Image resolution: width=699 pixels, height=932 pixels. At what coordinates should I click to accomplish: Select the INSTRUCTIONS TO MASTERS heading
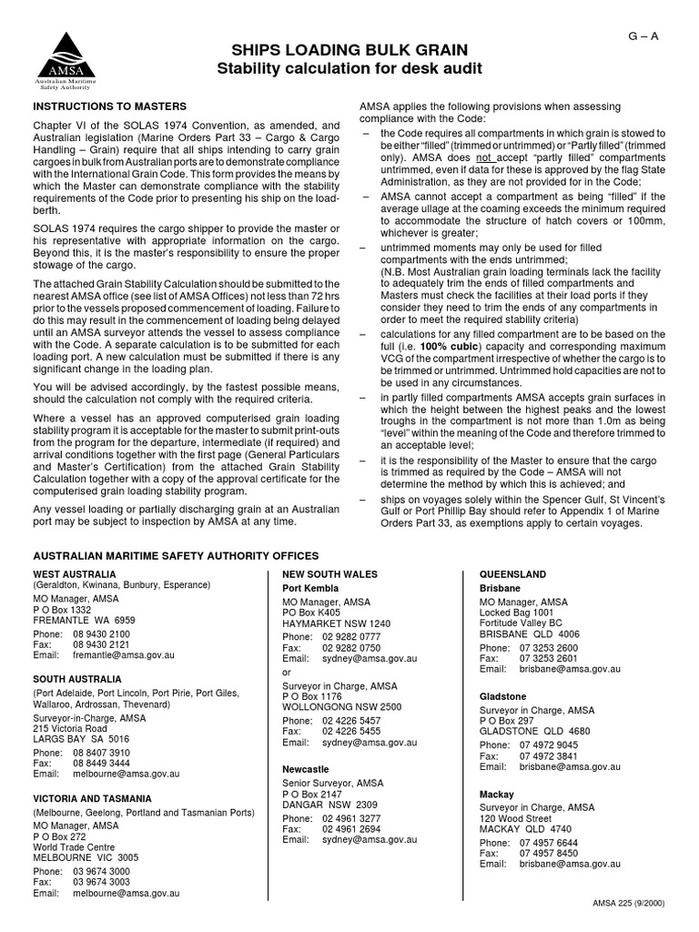click(109, 106)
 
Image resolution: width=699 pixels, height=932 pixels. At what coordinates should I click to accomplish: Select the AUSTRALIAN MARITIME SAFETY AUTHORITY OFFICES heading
click(176, 555)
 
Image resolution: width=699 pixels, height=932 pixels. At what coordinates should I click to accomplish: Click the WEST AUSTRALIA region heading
click(75, 574)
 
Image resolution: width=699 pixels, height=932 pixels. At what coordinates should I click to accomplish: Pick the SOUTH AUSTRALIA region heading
click(77, 679)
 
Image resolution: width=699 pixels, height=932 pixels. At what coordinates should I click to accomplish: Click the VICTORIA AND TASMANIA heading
click(92, 798)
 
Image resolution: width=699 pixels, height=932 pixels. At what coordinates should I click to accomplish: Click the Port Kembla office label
click(309, 588)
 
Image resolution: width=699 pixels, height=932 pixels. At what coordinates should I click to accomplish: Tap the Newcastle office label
click(306, 769)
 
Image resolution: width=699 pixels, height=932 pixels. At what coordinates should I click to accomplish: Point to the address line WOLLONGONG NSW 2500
click(342, 706)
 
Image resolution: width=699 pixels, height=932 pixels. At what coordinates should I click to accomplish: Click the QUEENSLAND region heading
click(512, 574)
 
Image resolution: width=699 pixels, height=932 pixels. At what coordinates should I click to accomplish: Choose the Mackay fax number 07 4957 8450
click(549, 853)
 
